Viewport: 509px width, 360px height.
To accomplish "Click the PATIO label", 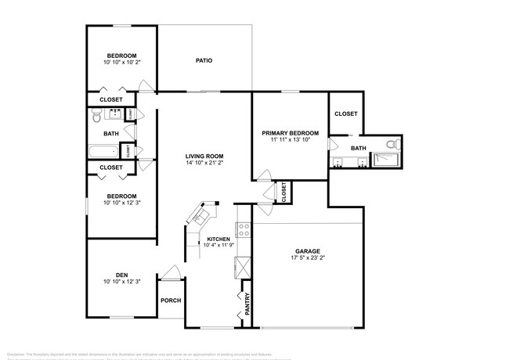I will click(x=204, y=61).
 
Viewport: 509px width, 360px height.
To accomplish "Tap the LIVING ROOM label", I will click(x=204, y=157).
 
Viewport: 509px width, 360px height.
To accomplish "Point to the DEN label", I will click(x=121, y=275).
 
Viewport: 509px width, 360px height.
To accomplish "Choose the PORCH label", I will click(x=170, y=301).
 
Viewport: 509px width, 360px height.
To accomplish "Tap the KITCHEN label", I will click(x=218, y=239).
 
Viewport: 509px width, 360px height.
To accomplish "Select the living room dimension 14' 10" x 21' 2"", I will click(x=204, y=164).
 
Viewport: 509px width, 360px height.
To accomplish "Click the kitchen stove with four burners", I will click(x=244, y=230).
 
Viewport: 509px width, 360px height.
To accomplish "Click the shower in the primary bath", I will click(x=385, y=160).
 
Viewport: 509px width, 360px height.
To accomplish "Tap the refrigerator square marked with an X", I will click(x=241, y=266).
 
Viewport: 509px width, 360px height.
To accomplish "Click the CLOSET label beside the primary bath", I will click(x=345, y=114).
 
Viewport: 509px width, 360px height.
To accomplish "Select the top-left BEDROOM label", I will click(x=121, y=56).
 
